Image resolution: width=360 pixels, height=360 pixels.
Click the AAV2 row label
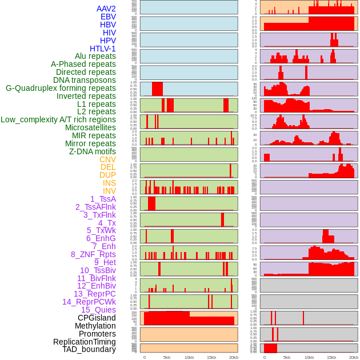(106, 9)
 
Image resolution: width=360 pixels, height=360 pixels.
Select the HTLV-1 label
(102, 49)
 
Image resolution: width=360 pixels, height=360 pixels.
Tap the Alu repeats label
(95, 56)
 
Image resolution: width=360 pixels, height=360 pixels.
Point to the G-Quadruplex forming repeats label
(61, 88)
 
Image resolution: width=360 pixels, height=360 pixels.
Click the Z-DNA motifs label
(92, 151)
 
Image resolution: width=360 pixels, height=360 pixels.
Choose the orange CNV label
(107, 159)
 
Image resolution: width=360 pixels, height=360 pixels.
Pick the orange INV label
(109, 191)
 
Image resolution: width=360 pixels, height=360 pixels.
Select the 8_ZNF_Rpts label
(93, 254)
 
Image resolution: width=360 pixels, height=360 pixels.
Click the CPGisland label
(97, 318)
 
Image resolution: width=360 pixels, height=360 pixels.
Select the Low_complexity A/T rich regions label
(58, 119)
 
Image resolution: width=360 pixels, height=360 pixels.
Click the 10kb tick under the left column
(189, 357)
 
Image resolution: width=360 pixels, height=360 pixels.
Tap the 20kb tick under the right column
(353, 357)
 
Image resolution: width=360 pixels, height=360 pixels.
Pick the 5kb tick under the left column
(167, 357)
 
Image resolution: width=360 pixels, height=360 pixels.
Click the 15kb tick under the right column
(331, 357)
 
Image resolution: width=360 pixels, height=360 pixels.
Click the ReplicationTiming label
(84, 342)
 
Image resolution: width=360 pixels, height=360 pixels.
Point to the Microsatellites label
(90, 127)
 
